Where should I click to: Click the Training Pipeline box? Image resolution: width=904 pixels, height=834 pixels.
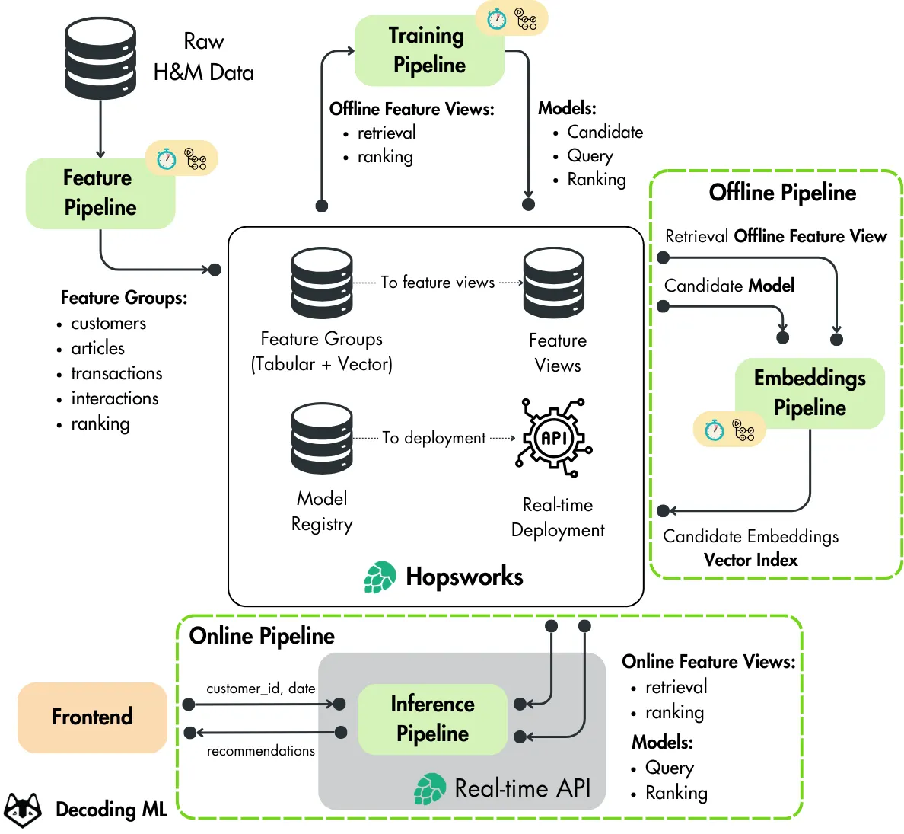click(428, 50)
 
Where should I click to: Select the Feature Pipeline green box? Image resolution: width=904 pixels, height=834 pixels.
click(100, 193)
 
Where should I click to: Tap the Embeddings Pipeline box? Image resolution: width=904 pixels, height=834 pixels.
click(810, 392)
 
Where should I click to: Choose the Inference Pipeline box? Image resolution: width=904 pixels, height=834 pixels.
click(432, 718)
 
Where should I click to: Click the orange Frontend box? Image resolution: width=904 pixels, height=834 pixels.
click(92, 717)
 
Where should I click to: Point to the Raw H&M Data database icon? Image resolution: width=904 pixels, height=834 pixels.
click(100, 59)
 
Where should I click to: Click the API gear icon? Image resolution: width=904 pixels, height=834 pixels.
click(553, 437)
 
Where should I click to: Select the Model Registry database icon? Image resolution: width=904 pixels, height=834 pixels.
click(322, 439)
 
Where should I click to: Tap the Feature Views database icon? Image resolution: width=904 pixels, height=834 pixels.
click(553, 283)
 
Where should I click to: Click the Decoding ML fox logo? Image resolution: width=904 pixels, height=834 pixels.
click(23, 809)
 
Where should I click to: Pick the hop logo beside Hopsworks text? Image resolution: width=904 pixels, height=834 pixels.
click(380, 577)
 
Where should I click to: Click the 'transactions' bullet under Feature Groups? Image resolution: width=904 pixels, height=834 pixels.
click(116, 373)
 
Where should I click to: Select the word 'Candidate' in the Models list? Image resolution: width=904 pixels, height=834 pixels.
click(605, 132)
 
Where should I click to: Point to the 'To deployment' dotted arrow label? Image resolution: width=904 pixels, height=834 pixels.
click(434, 438)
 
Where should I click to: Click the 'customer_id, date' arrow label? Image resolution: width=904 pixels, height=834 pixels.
click(260, 688)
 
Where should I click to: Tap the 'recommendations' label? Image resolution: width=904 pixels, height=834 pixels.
click(260, 751)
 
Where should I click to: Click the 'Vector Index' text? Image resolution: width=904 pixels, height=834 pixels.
click(750, 560)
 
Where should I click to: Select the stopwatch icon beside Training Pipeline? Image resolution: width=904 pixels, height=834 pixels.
click(496, 19)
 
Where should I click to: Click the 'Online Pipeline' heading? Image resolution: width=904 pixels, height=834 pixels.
click(262, 635)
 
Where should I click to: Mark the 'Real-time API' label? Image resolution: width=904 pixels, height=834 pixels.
click(522, 788)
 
